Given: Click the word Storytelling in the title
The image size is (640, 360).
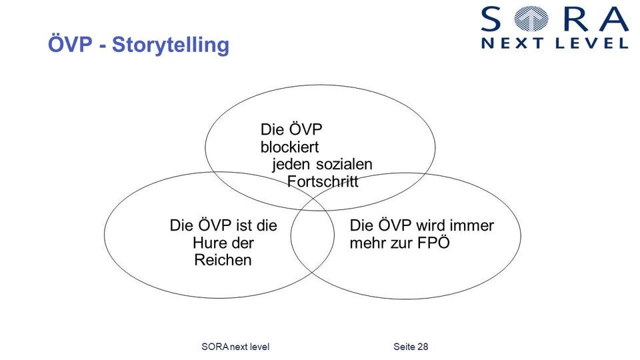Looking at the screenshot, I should point(171,45).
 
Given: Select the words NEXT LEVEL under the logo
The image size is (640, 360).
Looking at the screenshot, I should point(555,43).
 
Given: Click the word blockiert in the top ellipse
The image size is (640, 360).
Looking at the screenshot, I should point(290,147).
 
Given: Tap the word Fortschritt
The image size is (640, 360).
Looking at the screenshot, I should point(323,181).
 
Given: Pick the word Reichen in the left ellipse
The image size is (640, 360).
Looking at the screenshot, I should point(223,260).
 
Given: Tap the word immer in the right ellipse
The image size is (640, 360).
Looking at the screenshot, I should point(474,225).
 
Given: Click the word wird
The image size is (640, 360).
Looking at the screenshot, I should point(435,225).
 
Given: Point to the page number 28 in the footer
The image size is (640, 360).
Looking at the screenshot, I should point(422,347).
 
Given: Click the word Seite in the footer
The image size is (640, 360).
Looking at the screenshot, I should point(403,347).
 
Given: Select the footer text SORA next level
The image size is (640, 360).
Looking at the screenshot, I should point(235,347).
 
